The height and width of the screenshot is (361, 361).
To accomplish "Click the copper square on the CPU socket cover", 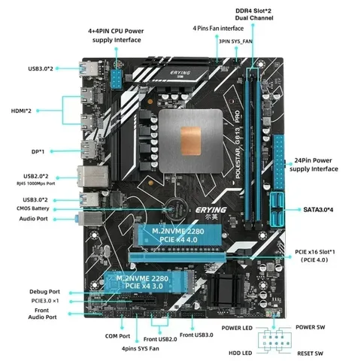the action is [191, 141].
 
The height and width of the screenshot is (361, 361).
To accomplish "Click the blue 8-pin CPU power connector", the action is [116, 79].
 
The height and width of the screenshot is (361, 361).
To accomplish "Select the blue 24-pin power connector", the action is [279, 162].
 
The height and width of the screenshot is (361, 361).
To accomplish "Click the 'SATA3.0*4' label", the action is [318, 210].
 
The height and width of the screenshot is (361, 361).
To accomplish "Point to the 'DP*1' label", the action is [38, 152].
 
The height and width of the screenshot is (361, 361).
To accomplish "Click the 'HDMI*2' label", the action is [21, 111].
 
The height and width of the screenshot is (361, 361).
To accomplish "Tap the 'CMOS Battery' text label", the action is [33, 208].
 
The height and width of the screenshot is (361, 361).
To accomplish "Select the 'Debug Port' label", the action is [44, 292].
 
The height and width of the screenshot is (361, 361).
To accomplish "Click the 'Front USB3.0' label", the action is [196, 335].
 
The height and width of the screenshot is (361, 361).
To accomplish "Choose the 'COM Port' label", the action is [117, 336].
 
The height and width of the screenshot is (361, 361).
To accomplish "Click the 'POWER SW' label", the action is [310, 327].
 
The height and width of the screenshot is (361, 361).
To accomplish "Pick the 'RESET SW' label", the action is [310, 353].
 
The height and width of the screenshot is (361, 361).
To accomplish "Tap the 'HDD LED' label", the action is [240, 353].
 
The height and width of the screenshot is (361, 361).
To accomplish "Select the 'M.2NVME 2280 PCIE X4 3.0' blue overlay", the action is [150, 282].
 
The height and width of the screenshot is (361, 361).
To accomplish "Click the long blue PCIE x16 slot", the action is [177, 257].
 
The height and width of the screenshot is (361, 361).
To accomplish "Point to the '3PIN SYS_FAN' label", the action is [235, 41].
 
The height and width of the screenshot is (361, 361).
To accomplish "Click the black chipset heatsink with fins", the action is [225, 287].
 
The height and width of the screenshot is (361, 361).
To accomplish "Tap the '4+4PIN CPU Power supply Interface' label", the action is [116, 35].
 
